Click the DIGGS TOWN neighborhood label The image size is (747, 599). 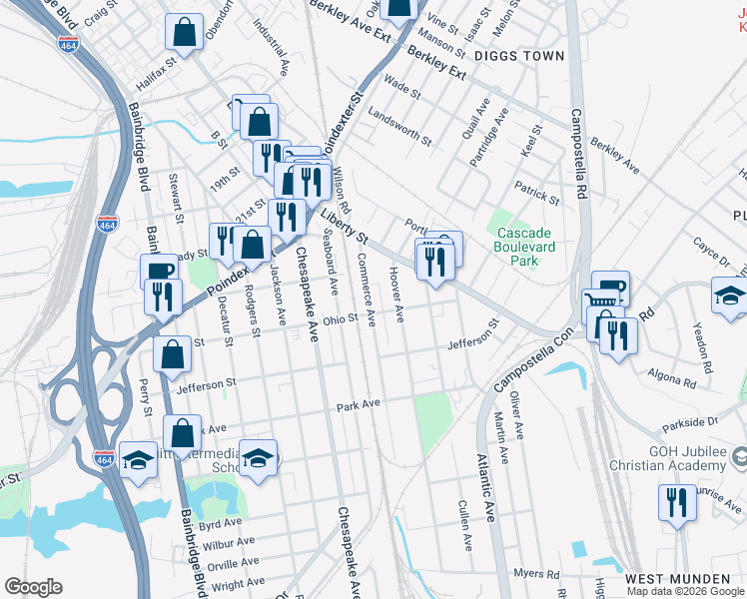point(519,56)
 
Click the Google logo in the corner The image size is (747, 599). point(33,587)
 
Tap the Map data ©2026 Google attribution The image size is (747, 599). point(685,591)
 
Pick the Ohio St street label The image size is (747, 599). point(340,320)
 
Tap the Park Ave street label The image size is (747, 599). point(360,406)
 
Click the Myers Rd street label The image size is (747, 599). point(537,573)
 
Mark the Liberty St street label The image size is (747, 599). point(345,229)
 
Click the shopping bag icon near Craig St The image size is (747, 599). point(185,32)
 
